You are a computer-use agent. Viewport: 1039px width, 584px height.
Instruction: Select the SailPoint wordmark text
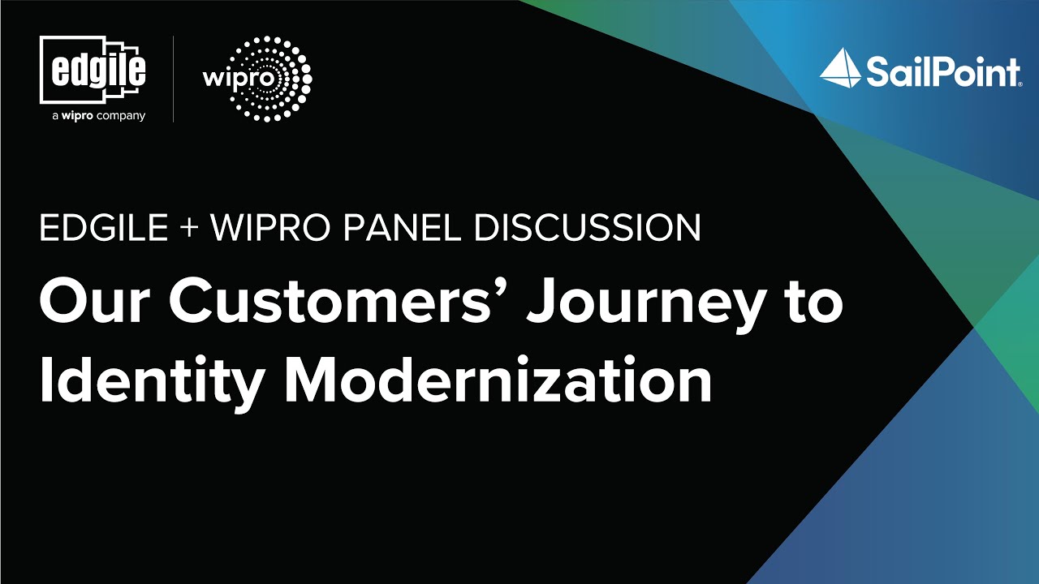click(942, 72)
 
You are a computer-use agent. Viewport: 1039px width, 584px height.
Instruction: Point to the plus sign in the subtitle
click(189, 230)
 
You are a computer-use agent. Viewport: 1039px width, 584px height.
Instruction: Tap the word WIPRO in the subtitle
click(269, 230)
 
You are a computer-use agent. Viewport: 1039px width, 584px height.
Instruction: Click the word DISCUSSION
click(588, 230)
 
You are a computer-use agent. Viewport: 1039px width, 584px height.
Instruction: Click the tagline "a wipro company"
click(98, 116)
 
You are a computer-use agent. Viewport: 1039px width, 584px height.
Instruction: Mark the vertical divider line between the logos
click(174, 79)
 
